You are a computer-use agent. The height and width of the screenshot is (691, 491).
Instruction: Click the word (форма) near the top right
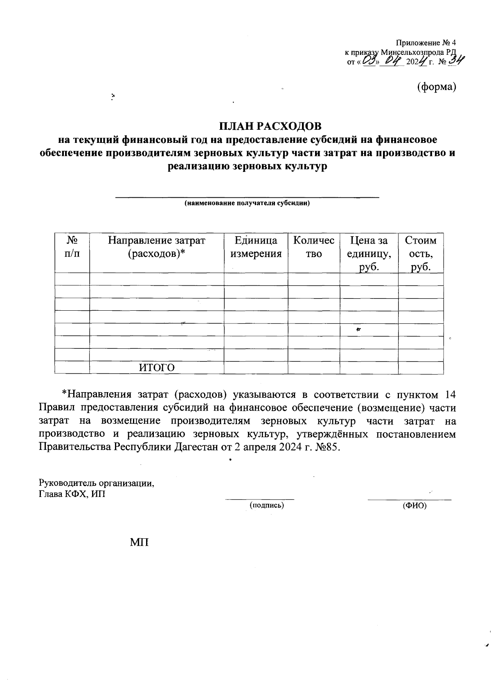tap(436, 87)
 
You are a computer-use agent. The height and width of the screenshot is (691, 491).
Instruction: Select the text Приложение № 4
tap(426, 43)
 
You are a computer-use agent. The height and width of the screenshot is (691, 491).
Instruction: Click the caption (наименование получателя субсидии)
tap(247, 203)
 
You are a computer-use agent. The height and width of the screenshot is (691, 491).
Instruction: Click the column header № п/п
tap(72, 247)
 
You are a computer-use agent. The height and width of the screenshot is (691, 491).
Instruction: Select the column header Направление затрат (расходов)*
tap(156, 247)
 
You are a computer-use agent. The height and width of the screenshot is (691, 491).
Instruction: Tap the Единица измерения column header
tap(256, 247)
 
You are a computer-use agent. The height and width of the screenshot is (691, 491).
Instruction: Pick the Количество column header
tap(314, 247)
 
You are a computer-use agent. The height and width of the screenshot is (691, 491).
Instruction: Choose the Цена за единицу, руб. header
tap(369, 253)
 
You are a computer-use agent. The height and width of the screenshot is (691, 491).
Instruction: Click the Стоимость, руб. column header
tap(421, 253)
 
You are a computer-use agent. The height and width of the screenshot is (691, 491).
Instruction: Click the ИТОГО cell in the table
tap(157, 368)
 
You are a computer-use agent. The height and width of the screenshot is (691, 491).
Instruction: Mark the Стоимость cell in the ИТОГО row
tap(421, 368)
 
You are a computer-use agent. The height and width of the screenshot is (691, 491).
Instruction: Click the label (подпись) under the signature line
tap(267, 506)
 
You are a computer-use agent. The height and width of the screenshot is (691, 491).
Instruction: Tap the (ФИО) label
tap(414, 506)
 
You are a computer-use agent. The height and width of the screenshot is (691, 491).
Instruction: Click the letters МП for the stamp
tap(139, 543)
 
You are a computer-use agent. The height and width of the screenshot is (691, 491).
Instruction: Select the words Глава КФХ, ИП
tap(72, 494)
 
